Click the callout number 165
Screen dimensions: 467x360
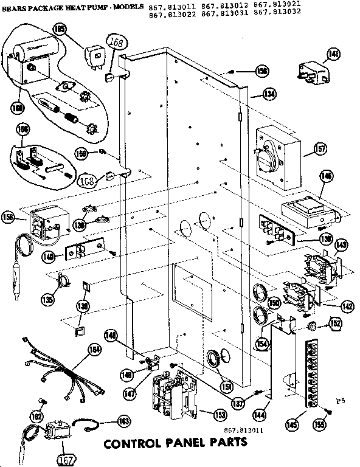tap(77, 27)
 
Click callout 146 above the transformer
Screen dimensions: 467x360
tap(327, 177)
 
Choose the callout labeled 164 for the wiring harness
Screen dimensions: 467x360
tap(94, 349)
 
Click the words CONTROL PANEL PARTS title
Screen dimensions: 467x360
tap(176, 443)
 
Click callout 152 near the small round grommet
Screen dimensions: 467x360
tap(335, 324)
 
